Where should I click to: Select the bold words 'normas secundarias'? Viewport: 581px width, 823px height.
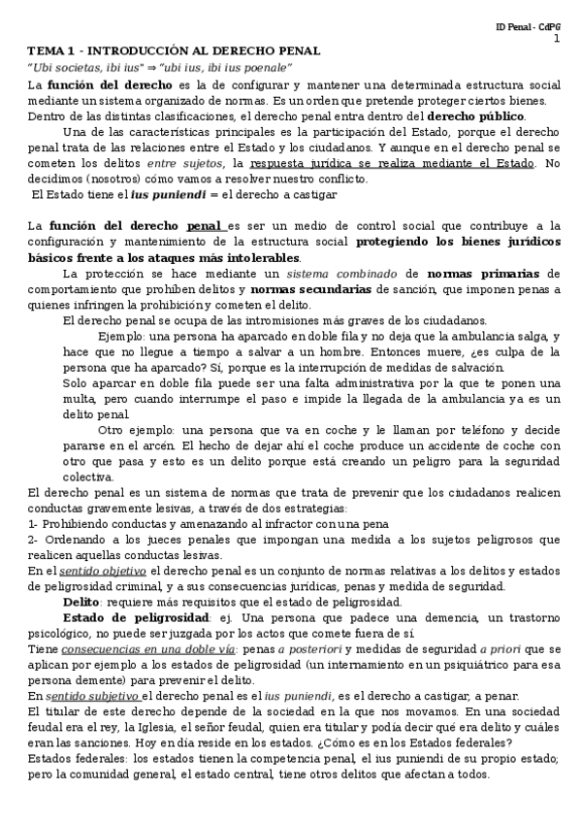coord(308,289)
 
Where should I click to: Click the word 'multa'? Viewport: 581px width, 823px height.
coord(81,399)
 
